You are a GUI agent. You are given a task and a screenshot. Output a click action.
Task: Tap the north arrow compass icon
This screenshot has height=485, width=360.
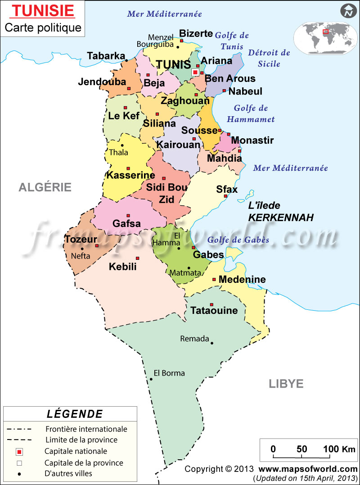coord(347,11)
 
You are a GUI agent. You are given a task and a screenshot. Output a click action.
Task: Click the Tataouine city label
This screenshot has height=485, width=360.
coord(214,311)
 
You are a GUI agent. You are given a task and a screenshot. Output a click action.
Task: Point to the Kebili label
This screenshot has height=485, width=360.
coord(122,267)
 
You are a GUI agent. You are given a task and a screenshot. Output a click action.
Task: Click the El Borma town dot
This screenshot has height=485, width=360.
coord(151,379)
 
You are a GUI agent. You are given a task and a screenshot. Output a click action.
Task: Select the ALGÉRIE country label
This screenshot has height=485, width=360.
coord(45,187)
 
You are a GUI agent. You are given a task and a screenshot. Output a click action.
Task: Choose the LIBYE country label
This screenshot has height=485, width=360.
coord(286,384)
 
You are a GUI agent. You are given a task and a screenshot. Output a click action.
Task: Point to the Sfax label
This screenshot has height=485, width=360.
coord(227,190)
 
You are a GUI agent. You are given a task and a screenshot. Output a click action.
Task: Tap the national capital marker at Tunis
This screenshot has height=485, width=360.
coord(195,72)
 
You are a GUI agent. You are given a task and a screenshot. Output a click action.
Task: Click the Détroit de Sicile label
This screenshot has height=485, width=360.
coord(269,58)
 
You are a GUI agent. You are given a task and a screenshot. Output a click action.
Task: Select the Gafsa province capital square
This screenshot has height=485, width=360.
coord(128,215)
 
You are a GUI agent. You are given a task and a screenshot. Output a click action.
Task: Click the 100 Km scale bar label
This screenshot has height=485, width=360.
coord(333,449)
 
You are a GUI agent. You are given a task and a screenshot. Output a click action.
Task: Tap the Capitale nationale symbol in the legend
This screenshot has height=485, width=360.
coord(19,451)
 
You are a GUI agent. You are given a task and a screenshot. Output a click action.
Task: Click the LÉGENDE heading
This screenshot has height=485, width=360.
coord(74,414)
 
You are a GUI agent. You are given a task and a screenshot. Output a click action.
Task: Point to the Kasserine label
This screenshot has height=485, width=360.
coord(130,175)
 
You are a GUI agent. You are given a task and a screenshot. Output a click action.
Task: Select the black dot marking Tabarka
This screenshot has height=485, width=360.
coord(126,60)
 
